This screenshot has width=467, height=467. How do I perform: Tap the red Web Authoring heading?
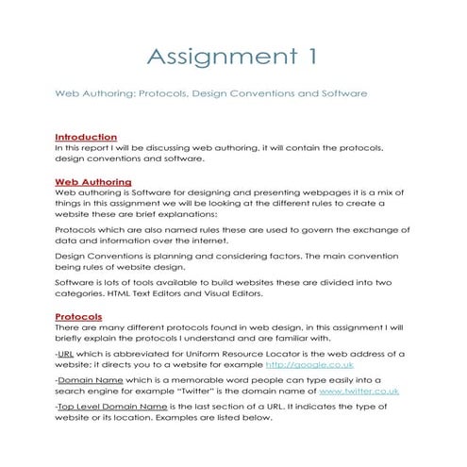(x=92, y=181)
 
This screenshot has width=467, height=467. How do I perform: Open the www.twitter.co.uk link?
(x=359, y=390)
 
